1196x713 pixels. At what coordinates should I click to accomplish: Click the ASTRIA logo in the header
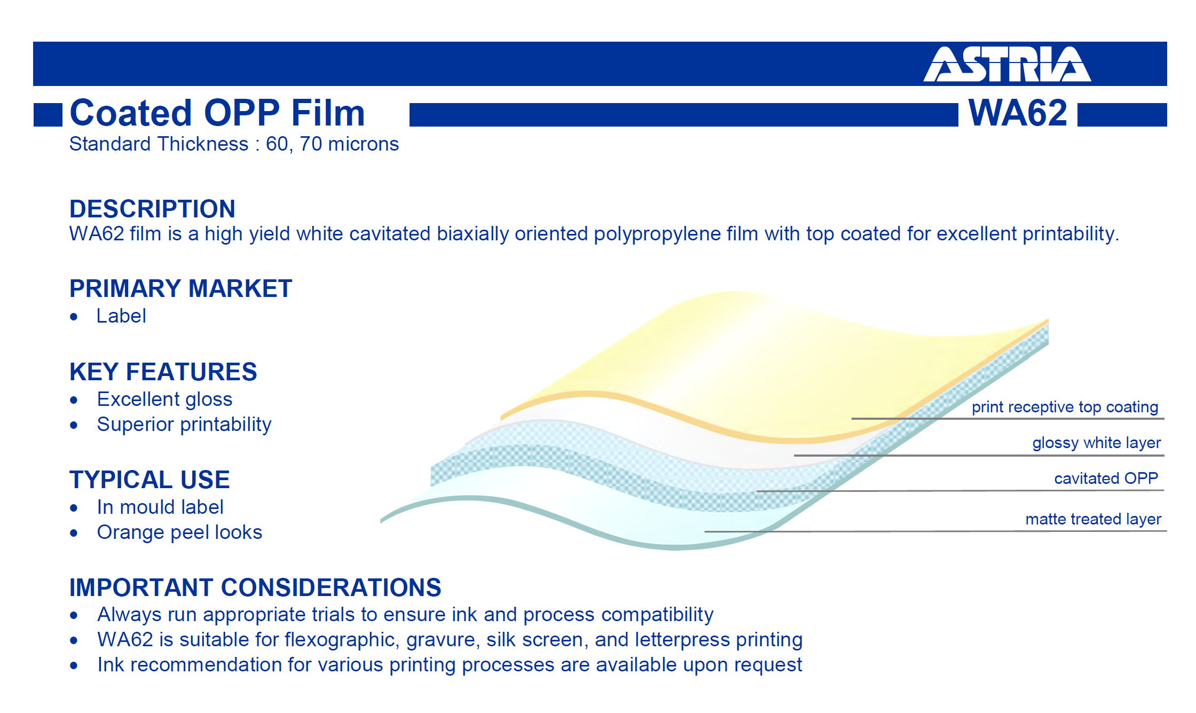[x=1007, y=64]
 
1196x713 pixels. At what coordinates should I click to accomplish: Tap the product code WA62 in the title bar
[x=1018, y=113]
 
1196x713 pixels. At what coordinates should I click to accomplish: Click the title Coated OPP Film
[x=217, y=113]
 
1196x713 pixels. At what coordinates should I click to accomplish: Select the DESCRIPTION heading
[x=152, y=209]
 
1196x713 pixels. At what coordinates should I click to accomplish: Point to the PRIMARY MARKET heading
[x=180, y=288]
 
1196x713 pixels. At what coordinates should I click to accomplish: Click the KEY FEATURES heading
[x=163, y=372]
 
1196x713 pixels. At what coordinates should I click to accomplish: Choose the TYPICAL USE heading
[x=149, y=480]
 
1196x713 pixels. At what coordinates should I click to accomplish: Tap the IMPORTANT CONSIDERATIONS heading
[x=255, y=587]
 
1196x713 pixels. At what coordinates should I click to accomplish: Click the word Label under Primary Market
[x=121, y=316]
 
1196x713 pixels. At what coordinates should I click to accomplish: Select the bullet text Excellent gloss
[x=164, y=399]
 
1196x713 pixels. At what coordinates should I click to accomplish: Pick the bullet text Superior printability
[x=184, y=425]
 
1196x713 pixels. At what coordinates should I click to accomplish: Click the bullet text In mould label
[x=160, y=507]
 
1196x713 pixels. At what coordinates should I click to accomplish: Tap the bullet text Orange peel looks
[x=179, y=532]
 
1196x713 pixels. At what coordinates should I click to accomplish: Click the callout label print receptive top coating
[x=1065, y=407]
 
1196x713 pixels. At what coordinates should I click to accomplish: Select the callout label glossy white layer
[x=1097, y=443]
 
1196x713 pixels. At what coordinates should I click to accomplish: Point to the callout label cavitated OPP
[x=1106, y=478]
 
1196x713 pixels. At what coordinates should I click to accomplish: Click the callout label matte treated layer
[x=1093, y=519]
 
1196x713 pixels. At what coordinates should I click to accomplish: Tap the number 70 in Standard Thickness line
[x=311, y=144]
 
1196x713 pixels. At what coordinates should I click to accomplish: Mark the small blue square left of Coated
[x=48, y=115]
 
